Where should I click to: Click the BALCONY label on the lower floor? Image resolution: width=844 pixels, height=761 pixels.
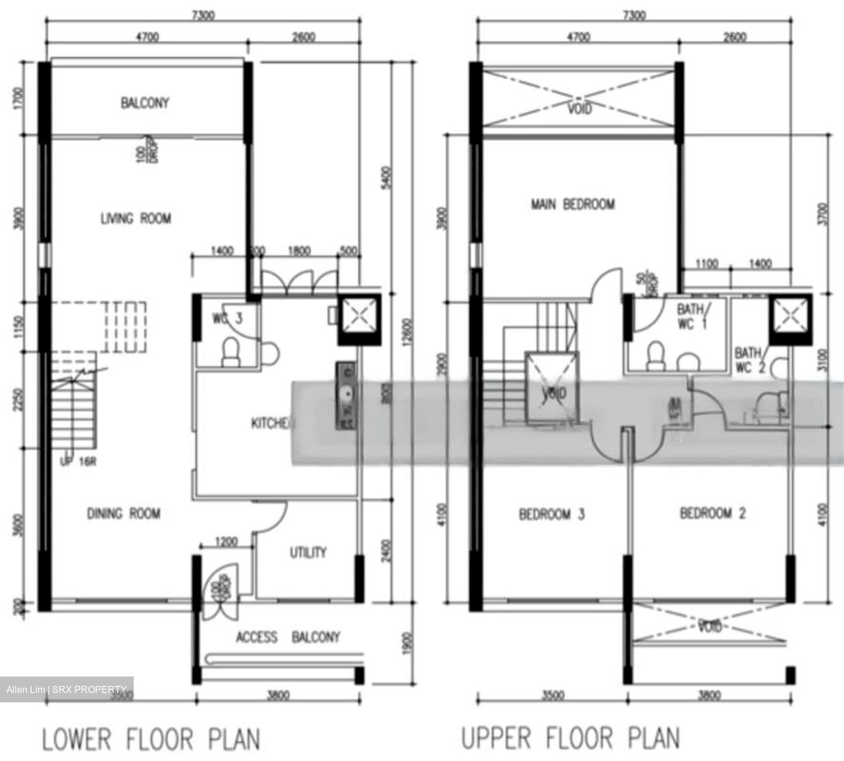point(145,103)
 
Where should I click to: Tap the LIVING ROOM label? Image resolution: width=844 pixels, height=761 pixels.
point(136,219)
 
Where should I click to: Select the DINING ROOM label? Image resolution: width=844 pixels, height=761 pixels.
point(124,514)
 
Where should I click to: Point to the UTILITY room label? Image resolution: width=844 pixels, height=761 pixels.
point(308,552)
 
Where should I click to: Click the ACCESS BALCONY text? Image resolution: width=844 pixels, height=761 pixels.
point(288,637)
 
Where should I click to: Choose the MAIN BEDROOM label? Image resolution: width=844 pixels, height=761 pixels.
point(573,204)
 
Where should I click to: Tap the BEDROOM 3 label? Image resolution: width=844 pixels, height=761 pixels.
point(552,515)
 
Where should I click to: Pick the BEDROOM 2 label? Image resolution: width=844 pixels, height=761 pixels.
point(713,513)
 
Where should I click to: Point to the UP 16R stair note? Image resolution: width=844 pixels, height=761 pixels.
point(78,462)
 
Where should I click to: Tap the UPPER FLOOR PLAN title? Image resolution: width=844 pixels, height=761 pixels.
point(571,738)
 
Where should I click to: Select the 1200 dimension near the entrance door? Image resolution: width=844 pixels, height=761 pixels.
point(226,542)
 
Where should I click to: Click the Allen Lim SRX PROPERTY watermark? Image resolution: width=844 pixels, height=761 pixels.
point(67,689)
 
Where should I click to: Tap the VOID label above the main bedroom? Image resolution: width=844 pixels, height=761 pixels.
point(579,109)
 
